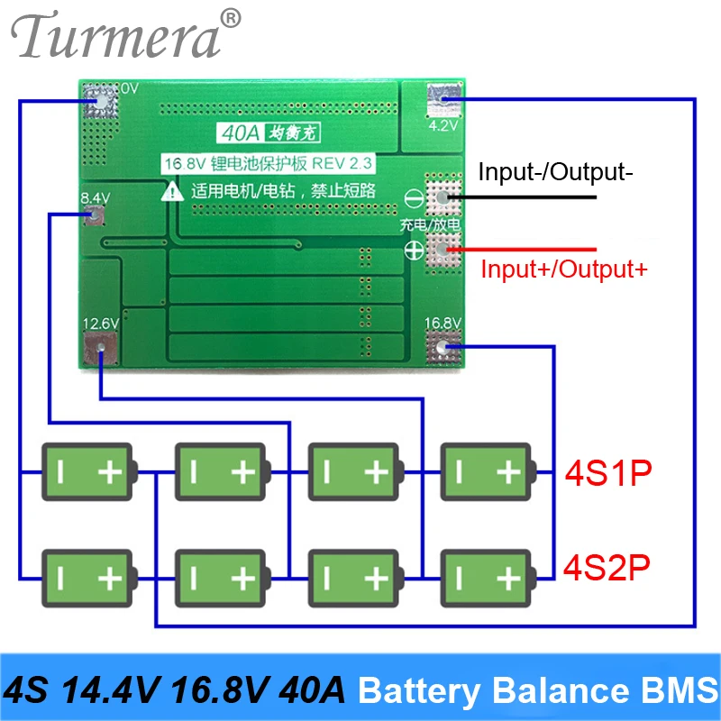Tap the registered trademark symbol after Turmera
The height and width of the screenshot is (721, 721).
232,17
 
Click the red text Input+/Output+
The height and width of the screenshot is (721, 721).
563,268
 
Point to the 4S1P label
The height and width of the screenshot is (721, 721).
607,472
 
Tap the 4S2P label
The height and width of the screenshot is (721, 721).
607,568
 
